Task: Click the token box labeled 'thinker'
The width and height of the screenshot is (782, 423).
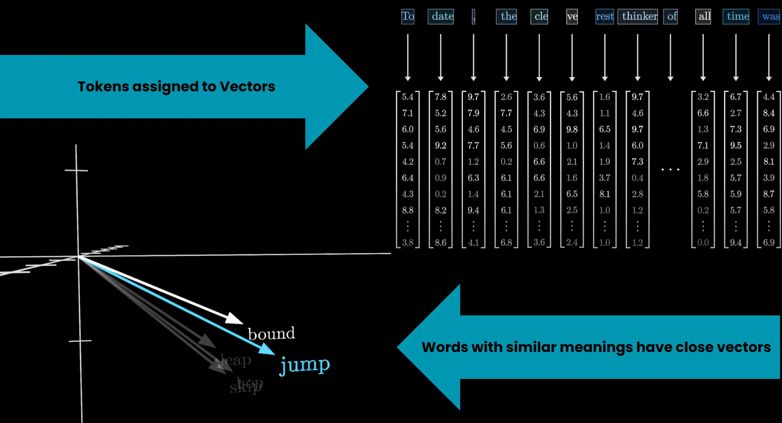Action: point(637,16)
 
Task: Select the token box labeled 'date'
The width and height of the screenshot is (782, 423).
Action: point(441,16)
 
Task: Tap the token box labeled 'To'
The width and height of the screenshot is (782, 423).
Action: point(407,16)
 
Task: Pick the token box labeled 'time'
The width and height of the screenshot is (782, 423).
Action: point(736,16)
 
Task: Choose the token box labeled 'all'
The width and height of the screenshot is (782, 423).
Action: point(703,16)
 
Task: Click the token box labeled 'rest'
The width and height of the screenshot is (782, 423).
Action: point(605,16)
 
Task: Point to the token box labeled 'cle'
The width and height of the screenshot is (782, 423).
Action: point(539,16)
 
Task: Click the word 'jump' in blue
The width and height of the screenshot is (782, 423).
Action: point(305,365)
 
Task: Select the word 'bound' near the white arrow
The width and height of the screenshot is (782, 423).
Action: point(271,334)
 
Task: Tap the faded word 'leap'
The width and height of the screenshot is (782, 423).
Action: point(236,360)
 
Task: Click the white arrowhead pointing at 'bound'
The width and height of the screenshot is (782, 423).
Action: point(235,318)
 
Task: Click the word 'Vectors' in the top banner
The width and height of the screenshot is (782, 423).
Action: point(247,87)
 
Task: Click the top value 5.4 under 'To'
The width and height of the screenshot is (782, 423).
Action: point(407,97)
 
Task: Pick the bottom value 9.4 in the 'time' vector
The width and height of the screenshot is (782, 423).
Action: point(736,243)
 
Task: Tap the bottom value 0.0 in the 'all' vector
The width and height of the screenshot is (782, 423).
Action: point(703,243)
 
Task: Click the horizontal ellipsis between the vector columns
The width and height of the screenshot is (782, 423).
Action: point(670,169)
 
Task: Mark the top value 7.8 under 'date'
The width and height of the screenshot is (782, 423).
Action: point(441,97)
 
